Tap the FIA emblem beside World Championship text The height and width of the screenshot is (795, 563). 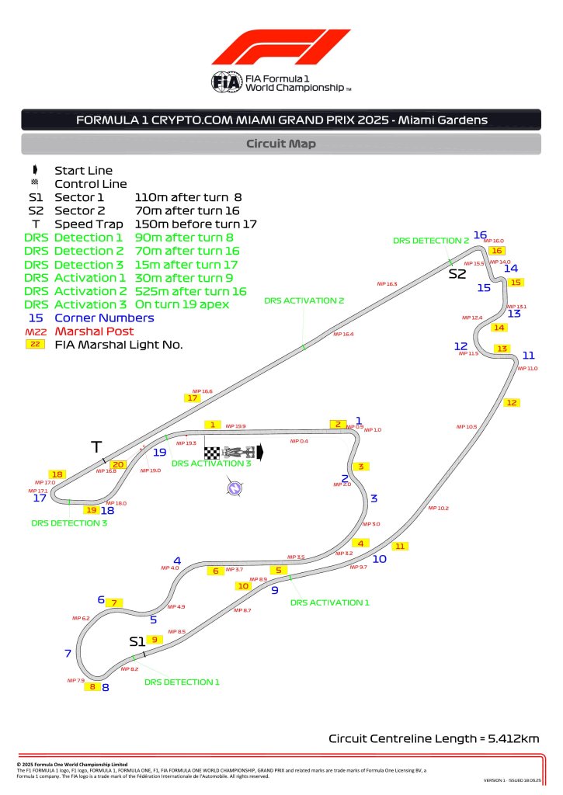pos(226,82)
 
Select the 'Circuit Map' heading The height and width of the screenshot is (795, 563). pos(280,144)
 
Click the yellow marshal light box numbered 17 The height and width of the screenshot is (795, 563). pos(193,397)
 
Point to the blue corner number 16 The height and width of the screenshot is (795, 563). pos(480,235)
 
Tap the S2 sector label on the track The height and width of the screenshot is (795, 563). pos(457,273)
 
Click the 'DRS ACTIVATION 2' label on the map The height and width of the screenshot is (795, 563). pos(304,300)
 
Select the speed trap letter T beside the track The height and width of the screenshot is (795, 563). pos(96,446)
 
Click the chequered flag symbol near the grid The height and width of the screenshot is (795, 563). pos(212,452)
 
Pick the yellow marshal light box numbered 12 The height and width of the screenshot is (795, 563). pos(511,402)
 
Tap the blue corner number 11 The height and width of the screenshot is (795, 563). pos(528,355)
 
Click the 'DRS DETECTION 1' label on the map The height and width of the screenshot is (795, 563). pos(182,682)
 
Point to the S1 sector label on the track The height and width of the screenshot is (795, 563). pos(137,641)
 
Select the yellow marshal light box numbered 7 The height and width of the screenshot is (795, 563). pos(114,602)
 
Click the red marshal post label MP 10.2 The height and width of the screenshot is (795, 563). pos(438,508)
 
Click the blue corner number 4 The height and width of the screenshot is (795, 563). pos(177,560)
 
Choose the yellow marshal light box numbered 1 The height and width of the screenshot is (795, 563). pos(212,425)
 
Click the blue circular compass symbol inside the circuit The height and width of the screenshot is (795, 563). pos(231,488)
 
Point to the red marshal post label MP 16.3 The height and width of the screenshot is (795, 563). pos(387,284)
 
